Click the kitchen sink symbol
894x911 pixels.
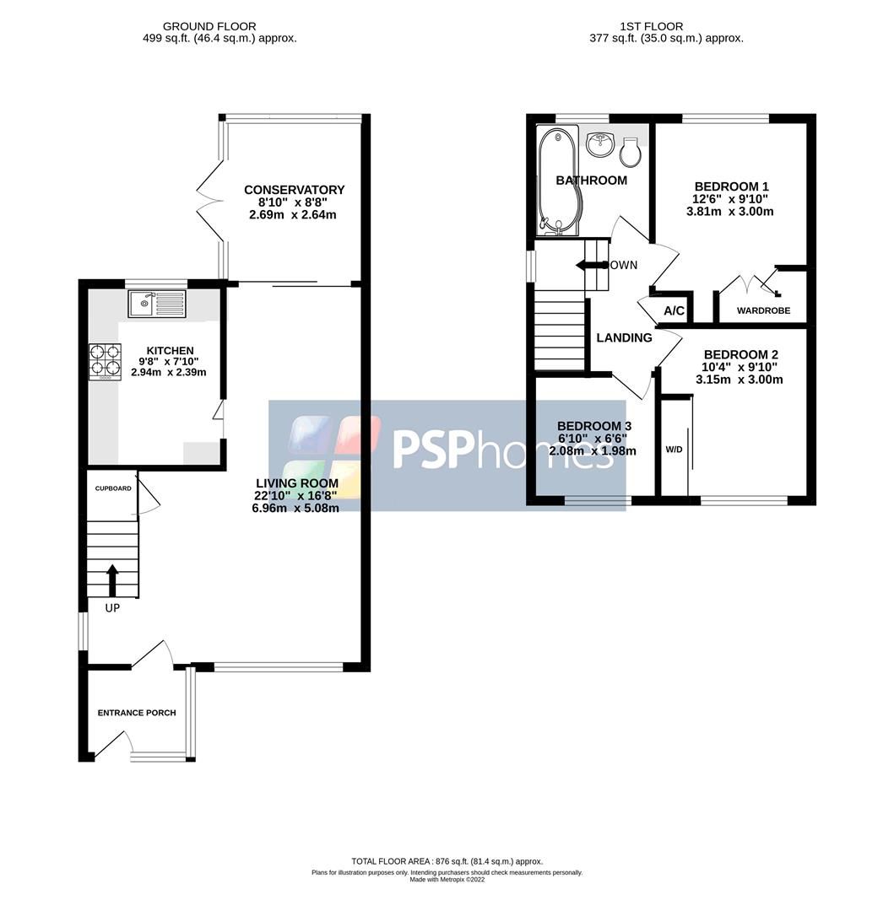click(157, 303)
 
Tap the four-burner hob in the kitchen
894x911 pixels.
click(106, 360)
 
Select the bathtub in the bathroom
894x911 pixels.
click(556, 179)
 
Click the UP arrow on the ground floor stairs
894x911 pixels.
click(111, 580)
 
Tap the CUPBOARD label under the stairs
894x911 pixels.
click(112, 488)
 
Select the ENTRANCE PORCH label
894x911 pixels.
click(137, 713)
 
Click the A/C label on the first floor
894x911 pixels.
click(674, 311)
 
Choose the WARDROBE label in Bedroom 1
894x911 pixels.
click(763, 310)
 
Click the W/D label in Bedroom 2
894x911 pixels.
click(674, 450)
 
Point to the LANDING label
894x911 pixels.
click(624, 337)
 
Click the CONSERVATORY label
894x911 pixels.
click(294, 190)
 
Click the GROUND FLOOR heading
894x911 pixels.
click(209, 27)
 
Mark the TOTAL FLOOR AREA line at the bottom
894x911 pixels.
click(447, 861)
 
